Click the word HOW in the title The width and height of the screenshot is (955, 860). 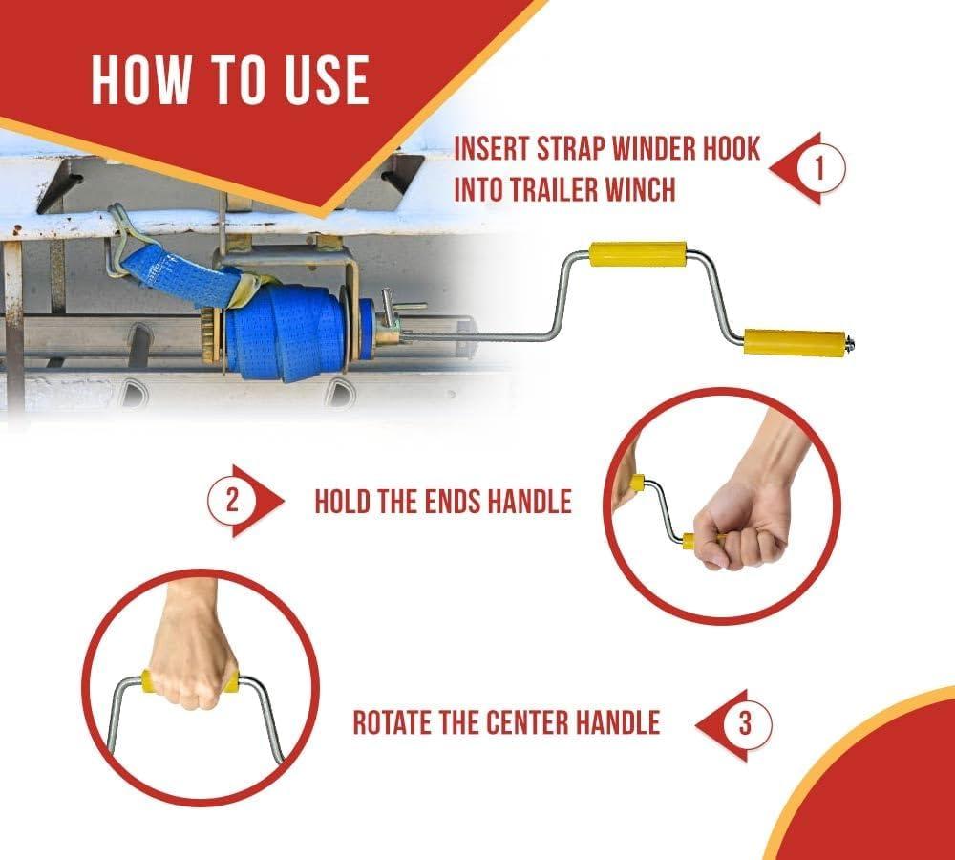tap(140, 80)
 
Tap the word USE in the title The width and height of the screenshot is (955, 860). tap(327, 80)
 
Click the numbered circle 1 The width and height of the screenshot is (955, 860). tap(819, 167)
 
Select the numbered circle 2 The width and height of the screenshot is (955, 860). tap(232, 501)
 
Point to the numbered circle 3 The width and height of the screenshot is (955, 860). tap(746, 724)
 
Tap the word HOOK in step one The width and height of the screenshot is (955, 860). tap(732, 149)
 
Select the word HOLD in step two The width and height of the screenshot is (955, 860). tap(342, 502)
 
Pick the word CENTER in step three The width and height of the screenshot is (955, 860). tap(527, 722)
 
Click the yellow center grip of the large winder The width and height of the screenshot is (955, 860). tap(638, 254)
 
